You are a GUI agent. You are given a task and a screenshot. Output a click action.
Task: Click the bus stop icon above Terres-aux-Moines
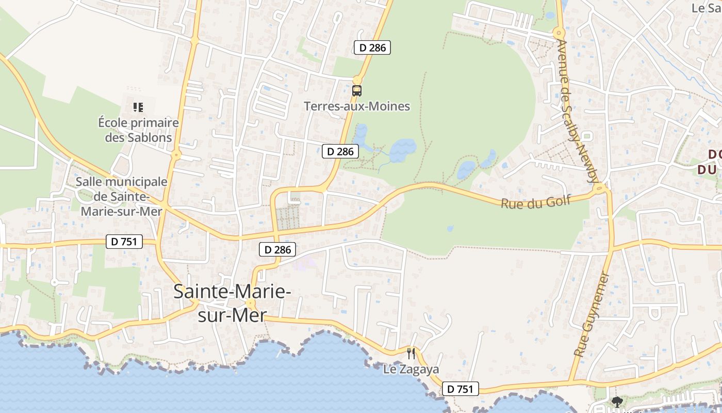point(356,91)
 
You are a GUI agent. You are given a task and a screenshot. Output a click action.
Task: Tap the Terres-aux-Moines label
point(357,106)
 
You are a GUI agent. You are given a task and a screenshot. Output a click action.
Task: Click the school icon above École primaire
point(138,107)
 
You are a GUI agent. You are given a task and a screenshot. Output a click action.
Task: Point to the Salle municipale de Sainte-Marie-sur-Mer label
point(122,196)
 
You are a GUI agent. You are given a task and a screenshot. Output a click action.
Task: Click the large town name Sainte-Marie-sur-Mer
point(232,303)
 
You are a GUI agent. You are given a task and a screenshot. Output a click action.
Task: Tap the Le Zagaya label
point(411,369)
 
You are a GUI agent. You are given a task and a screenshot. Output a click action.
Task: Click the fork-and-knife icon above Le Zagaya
point(411,354)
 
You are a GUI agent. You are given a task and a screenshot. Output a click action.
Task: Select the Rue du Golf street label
point(536,201)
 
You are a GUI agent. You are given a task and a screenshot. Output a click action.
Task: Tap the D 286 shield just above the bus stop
point(372,47)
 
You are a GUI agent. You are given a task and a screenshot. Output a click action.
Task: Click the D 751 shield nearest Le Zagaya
point(460,389)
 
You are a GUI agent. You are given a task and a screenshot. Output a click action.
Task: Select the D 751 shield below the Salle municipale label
point(124,241)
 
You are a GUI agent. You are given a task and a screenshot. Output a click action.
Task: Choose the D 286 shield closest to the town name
point(277,250)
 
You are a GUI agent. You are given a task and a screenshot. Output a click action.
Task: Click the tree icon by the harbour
point(617,402)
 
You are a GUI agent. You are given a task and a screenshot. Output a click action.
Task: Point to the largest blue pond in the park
point(402,149)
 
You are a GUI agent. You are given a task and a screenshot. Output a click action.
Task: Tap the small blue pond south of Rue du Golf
point(450,228)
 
